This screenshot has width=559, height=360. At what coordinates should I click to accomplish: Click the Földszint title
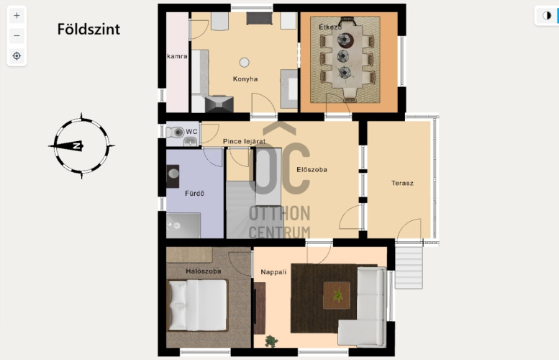click(88, 30)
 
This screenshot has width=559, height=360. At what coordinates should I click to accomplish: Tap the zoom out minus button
click(17, 36)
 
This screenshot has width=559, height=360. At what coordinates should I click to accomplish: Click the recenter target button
click(17, 56)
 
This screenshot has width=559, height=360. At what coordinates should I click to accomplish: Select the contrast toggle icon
click(547, 16)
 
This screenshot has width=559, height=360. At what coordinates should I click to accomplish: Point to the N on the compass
click(77, 145)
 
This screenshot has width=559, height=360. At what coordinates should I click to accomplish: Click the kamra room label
click(177, 56)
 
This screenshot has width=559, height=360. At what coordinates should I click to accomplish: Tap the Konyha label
click(245, 79)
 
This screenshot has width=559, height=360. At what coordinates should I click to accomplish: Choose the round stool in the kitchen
click(244, 63)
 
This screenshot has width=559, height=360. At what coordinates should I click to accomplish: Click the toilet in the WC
click(175, 132)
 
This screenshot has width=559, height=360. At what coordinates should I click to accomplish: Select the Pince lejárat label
click(244, 141)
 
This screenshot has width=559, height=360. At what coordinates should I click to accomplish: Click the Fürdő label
click(194, 194)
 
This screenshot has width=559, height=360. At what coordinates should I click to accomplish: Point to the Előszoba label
click(312, 169)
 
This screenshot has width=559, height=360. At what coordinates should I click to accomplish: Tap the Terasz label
click(402, 183)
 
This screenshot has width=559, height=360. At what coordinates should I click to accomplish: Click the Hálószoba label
click(203, 271)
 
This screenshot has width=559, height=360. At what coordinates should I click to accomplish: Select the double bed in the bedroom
click(198, 305)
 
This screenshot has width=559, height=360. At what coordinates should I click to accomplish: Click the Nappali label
click(273, 272)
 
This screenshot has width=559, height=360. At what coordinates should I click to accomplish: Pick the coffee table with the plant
click(337, 295)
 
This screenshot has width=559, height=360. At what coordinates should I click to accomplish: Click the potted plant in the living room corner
click(272, 341)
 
